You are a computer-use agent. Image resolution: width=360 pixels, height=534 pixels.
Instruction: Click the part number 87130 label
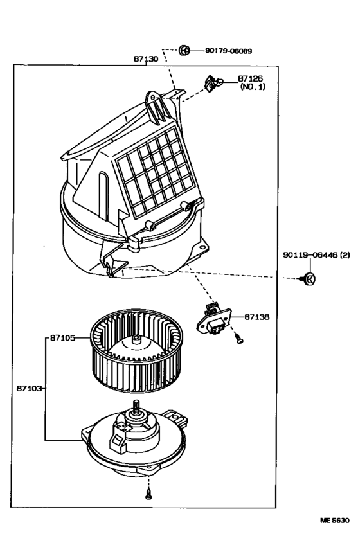click(x=146, y=58)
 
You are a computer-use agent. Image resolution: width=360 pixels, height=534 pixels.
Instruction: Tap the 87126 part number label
click(x=251, y=78)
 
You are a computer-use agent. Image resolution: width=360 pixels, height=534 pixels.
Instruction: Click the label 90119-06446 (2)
click(x=316, y=255)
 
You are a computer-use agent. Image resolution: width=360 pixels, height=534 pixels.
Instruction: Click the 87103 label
click(x=31, y=388)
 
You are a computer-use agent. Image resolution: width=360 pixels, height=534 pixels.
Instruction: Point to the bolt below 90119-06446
click(x=309, y=278)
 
